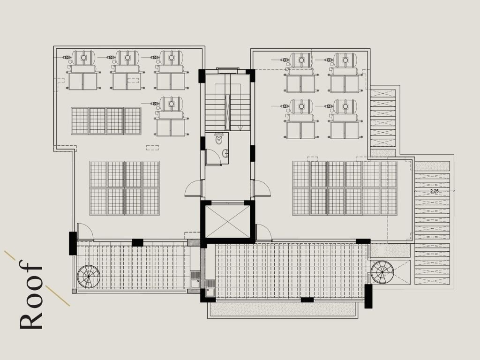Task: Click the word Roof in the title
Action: coord(30,294)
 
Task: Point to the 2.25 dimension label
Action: coord(434,191)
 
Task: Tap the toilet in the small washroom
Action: coord(219,138)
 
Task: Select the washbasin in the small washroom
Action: coord(225,153)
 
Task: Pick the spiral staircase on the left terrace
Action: coord(89,277)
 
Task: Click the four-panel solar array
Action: coord(106,121)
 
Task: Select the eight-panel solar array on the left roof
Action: coord(125,188)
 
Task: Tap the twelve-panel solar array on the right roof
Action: coord(345,188)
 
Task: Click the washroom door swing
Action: coord(213,157)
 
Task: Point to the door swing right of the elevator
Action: coord(263,232)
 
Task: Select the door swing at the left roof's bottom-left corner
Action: coord(85,232)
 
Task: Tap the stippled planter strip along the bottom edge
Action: coord(283,309)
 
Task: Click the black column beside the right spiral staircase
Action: coord(368,296)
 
